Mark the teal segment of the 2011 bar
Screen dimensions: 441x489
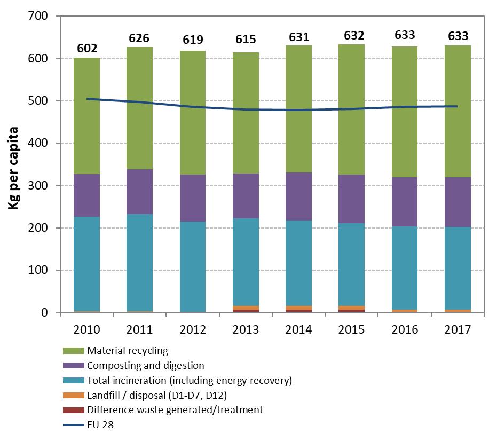pyautogui.click(x=139, y=262)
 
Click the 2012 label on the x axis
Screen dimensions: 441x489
pyautogui.click(x=193, y=329)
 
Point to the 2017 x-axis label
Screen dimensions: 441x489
pyautogui.click(x=458, y=329)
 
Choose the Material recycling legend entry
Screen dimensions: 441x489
pyautogui.click(x=128, y=351)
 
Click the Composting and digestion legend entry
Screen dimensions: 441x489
pyautogui.click(x=146, y=366)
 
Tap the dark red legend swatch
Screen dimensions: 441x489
pyautogui.click(x=74, y=410)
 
